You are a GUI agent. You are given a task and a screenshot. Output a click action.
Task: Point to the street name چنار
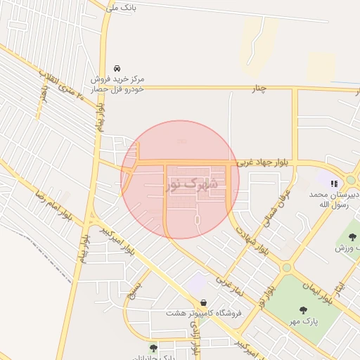pyautogui.click(x=261, y=89)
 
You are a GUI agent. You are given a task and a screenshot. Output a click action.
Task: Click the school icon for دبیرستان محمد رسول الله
pyautogui.click(x=333, y=184)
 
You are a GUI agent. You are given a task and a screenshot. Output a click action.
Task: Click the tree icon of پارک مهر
pyautogui.click(x=304, y=309)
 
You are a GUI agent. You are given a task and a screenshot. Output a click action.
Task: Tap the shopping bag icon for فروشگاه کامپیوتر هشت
pyautogui.click(x=203, y=303)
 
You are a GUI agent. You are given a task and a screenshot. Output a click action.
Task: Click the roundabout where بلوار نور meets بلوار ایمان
pyautogui.click(x=286, y=267)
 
